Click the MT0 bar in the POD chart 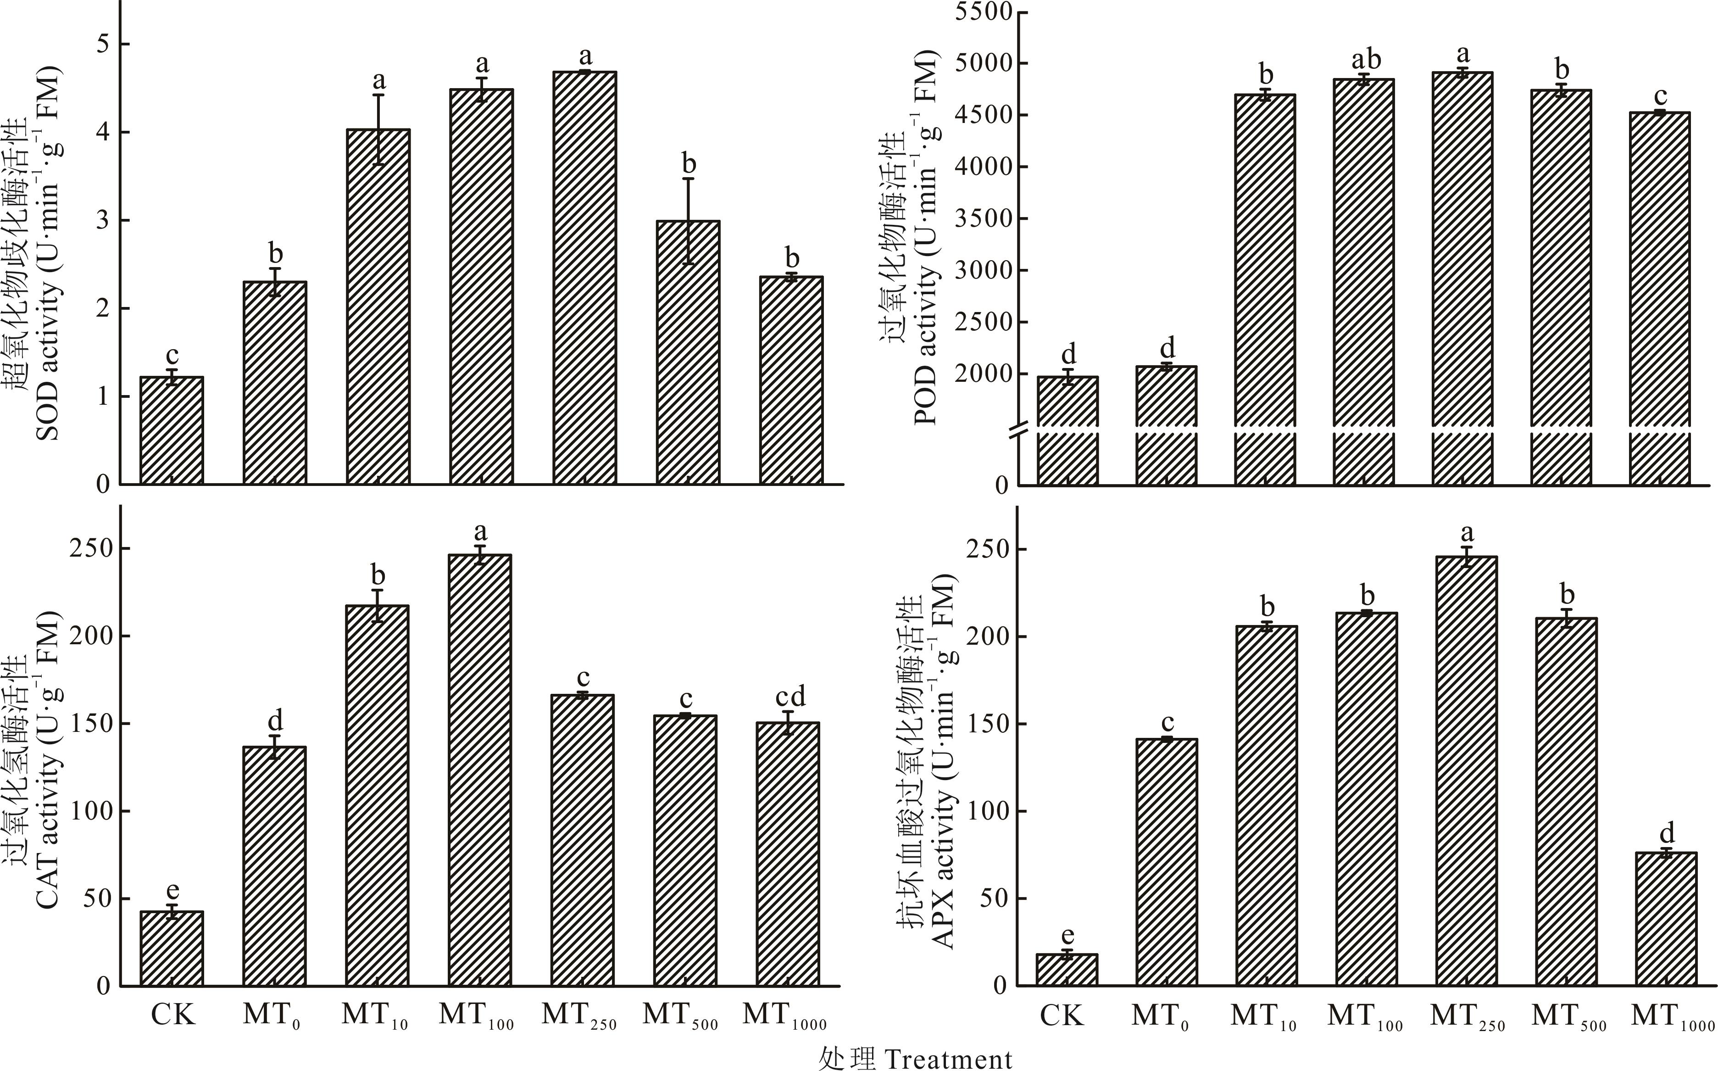1166,425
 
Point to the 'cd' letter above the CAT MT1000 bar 790,697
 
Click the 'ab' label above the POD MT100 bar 1364,60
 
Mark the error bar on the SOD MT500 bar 688,221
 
